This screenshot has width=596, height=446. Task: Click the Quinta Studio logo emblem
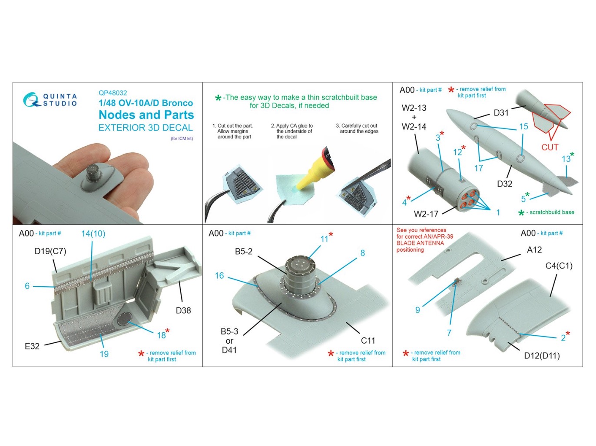click(x=32, y=99)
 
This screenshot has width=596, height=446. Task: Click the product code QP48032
click(x=113, y=93)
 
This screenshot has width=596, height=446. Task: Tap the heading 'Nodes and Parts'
click(x=146, y=115)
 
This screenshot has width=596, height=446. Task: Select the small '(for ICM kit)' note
click(x=182, y=138)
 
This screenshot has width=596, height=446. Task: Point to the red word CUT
click(x=550, y=147)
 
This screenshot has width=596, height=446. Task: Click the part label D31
click(x=501, y=113)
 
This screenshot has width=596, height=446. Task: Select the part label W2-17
click(x=426, y=214)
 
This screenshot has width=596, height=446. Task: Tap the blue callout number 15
click(x=523, y=126)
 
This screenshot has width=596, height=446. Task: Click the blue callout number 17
click(x=478, y=168)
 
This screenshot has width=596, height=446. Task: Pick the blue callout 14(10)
click(x=93, y=233)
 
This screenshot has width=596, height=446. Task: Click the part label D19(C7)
click(x=50, y=251)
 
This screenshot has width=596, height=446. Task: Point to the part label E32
click(x=32, y=346)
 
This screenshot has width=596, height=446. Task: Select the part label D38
click(x=183, y=311)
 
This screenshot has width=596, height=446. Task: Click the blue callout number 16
click(x=219, y=276)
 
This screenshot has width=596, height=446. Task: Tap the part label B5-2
click(x=244, y=252)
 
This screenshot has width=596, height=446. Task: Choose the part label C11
click(x=368, y=341)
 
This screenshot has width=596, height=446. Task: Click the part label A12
click(x=534, y=250)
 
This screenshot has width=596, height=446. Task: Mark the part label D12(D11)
click(x=542, y=356)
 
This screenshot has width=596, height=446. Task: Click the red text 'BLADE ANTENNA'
click(x=420, y=243)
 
